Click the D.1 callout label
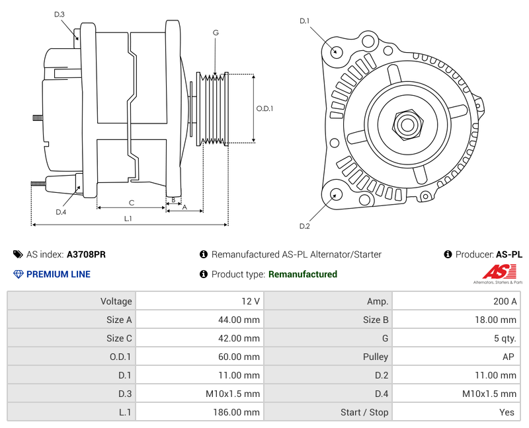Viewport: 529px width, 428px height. coord(304,21)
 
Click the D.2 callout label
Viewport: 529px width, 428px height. coord(304,227)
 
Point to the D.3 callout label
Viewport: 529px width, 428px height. coord(60,14)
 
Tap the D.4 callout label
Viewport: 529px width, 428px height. coord(61,212)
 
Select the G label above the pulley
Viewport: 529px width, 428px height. coord(216,32)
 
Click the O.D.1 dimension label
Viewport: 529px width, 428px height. coord(264,109)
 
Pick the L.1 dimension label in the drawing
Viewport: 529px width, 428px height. coord(128,219)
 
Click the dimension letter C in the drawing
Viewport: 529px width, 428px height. coord(132,203)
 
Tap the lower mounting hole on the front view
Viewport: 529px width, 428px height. coord(336,194)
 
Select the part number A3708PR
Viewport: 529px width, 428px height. coord(86,254)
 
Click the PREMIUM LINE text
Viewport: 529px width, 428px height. coord(58,274)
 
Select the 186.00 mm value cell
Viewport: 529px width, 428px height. coord(200,412)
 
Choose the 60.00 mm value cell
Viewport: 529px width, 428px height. coord(200,357)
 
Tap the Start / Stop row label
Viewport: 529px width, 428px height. coord(364,412)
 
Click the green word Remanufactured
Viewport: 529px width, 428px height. coord(303,274)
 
